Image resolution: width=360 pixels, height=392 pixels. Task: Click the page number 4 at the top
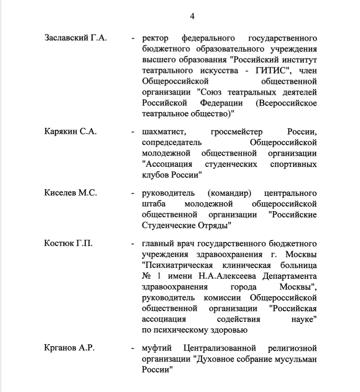(193, 16)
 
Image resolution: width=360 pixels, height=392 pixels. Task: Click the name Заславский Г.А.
(75, 38)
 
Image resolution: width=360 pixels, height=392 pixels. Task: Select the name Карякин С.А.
(71, 132)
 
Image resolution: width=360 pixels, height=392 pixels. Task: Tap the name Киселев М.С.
(70, 193)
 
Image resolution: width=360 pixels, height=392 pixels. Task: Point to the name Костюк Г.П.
(68, 243)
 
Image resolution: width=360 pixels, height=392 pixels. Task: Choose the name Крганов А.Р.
(69, 349)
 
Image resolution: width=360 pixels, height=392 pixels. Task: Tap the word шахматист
(164, 132)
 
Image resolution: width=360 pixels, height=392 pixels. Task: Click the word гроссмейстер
(236, 132)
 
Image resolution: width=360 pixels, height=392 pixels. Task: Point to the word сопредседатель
(172, 143)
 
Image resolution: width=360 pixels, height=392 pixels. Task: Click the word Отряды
(217, 225)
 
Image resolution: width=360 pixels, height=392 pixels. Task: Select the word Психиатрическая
(176, 265)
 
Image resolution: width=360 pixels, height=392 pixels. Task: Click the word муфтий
(156, 349)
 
